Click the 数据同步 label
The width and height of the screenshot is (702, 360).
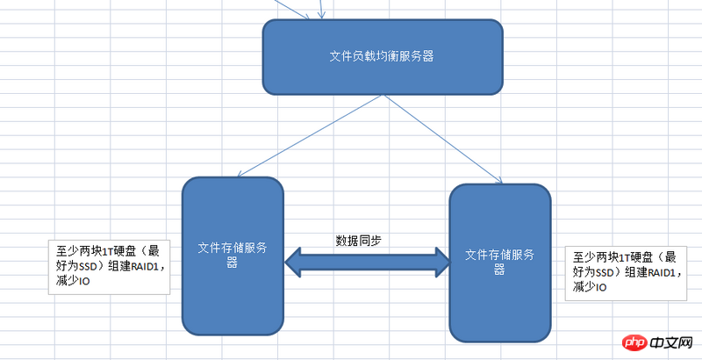tap(358, 240)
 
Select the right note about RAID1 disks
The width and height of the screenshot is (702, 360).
tap(625, 271)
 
